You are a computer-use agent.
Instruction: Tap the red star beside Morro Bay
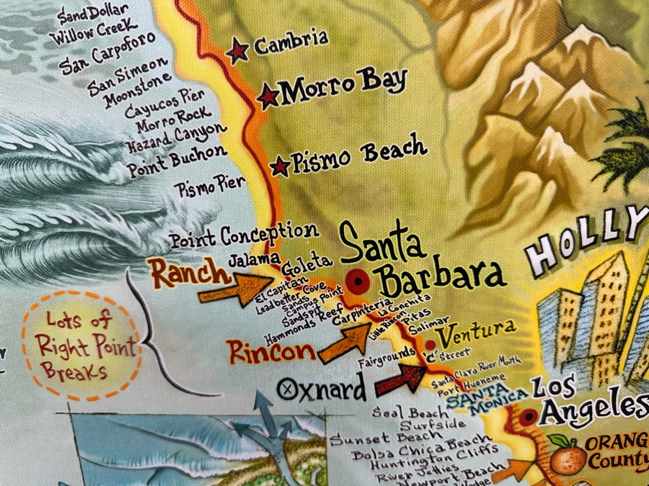(268, 95)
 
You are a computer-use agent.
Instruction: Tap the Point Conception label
(244, 234)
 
